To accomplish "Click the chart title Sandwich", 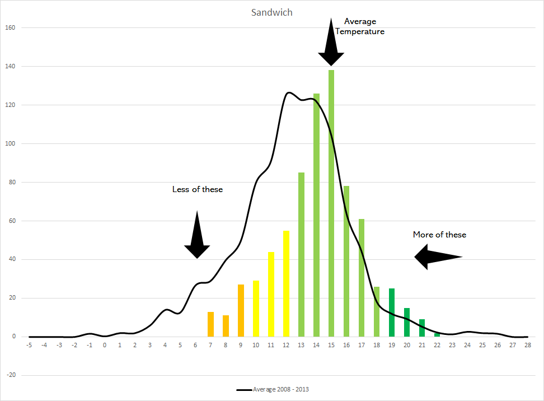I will tap(272, 12).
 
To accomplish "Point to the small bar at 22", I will tap(437, 335).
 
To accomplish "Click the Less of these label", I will tap(197, 189).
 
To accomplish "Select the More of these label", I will tap(439, 235).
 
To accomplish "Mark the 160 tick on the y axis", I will tap(10, 27).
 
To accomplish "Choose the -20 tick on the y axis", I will tap(10, 375).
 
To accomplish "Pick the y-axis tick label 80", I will tap(11, 182).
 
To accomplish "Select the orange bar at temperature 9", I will tap(241, 310).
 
